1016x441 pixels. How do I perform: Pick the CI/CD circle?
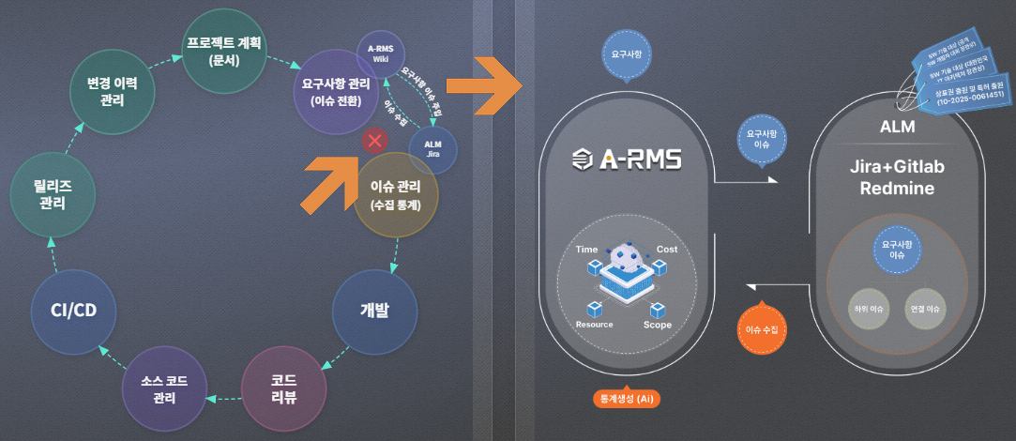point(72,311)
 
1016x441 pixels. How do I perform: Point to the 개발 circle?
point(374,312)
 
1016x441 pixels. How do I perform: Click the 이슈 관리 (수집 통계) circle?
point(395,193)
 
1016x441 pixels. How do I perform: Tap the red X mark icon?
point(375,141)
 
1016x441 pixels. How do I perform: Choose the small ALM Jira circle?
point(432,148)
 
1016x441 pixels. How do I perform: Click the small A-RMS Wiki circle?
point(380,53)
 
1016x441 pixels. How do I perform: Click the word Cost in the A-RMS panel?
point(667,250)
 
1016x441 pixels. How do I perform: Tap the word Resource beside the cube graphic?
point(594,325)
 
